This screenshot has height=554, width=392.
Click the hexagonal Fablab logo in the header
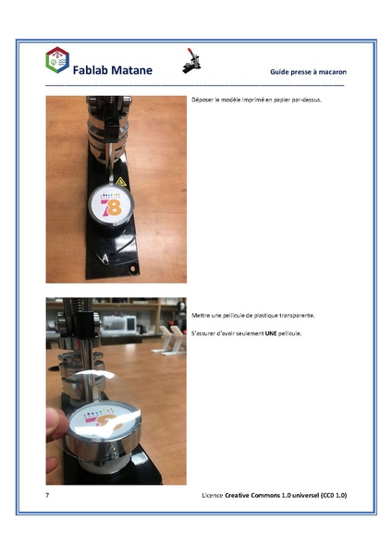point(57,61)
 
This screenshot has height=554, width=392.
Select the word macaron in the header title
point(330,71)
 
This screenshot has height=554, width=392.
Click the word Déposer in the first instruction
point(202,99)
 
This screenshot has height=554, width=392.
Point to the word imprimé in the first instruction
point(253,99)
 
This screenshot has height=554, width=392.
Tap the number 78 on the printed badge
point(112,208)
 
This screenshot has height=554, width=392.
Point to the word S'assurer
point(204,332)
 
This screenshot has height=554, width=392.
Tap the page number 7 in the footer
point(47,496)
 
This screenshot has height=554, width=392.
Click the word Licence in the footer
point(214,496)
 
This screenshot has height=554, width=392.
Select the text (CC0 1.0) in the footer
point(330,496)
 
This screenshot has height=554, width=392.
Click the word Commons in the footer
point(265,496)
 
